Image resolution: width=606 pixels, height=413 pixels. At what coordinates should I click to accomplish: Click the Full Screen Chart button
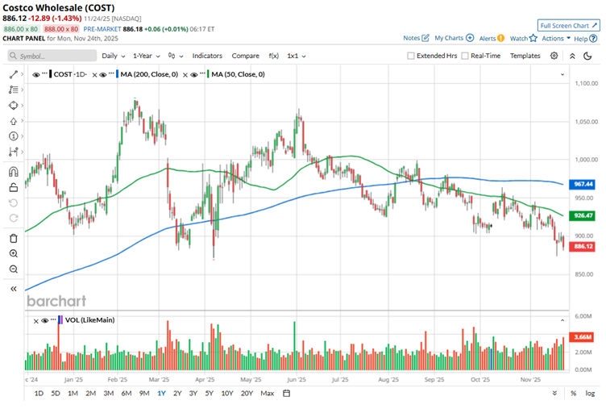tap(569, 26)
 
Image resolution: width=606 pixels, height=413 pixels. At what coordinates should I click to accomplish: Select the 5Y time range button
tap(209, 393)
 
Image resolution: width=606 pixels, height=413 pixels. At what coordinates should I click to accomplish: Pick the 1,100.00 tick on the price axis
tap(584, 83)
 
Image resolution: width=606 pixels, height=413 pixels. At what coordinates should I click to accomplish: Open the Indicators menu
tap(207, 56)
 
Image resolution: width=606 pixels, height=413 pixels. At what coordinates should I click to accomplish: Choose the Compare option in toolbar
tap(245, 56)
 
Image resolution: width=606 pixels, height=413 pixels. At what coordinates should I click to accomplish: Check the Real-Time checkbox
tap(464, 56)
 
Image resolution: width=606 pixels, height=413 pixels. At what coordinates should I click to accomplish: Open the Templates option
tap(525, 56)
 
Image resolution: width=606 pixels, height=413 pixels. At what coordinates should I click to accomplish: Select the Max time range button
tap(268, 393)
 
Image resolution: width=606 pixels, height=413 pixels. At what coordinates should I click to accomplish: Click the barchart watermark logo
tap(56, 301)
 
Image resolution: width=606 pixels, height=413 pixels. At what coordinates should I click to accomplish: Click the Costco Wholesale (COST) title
tap(57, 7)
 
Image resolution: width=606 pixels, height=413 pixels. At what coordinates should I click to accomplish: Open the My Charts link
tap(453, 38)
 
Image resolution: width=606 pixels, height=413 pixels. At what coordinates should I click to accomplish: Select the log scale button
tap(591, 393)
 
